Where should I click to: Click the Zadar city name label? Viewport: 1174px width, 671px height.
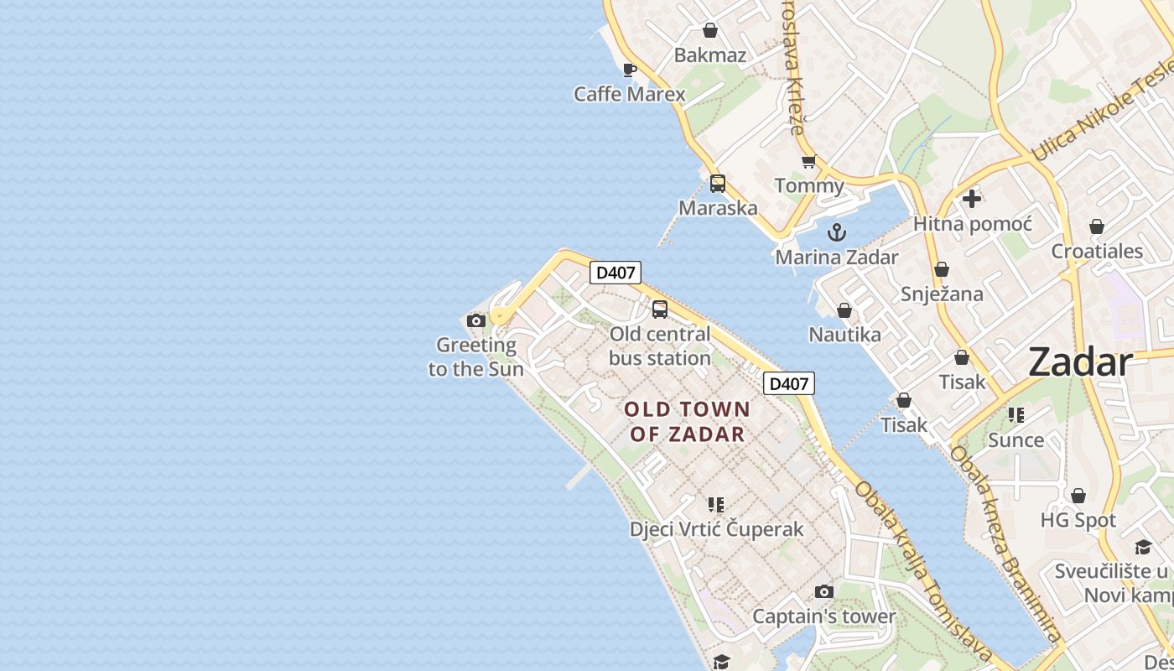click(x=1080, y=362)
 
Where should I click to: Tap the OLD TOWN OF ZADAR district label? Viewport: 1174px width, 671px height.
click(x=688, y=421)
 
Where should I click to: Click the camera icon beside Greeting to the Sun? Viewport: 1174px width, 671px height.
click(x=476, y=320)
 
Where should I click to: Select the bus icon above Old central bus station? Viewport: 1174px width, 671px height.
click(x=660, y=309)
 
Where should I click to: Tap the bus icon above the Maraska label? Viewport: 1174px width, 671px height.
click(x=718, y=184)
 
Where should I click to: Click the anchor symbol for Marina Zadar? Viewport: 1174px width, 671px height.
click(x=836, y=232)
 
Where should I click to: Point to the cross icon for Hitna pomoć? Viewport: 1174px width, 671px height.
click(x=972, y=199)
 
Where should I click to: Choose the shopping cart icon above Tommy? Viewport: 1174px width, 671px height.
click(x=808, y=162)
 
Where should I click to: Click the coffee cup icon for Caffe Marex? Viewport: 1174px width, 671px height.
click(x=630, y=70)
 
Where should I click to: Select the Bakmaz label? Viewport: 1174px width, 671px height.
click(x=709, y=56)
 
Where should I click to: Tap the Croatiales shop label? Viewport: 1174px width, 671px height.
click(x=1097, y=252)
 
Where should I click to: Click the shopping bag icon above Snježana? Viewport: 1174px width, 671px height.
click(x=942, y=269)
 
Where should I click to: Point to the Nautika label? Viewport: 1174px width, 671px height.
click(x=844, y=335)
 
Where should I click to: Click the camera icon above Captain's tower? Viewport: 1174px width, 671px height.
click(x=824, y=591)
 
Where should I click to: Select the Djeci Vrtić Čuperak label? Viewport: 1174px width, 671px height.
click(x=716, y=529)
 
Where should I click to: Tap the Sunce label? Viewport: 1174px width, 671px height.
click(x=1016, y=440)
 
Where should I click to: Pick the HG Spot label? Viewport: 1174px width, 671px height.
click(x=1078, y=520)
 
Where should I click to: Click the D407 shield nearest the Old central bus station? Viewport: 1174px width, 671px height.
click(x=616, y=273)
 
